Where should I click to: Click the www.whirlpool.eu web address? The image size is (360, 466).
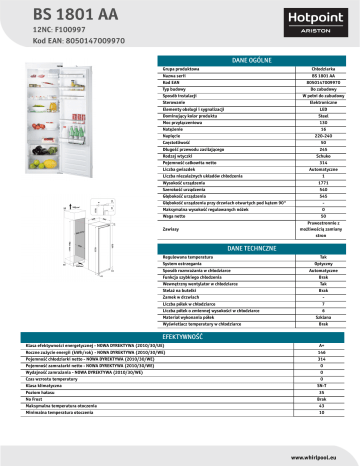(x=321, y=457)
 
